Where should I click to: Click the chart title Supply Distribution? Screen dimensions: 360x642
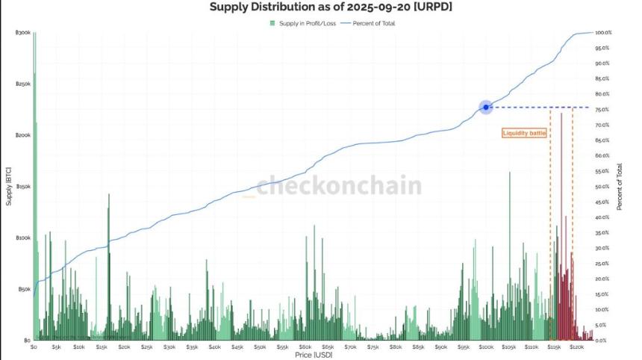(x=331, y=7)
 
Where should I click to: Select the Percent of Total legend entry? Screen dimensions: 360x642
(x=373, y=23)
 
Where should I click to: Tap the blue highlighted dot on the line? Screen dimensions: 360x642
(x=486, y=108)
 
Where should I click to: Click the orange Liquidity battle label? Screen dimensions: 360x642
(x=524, y=133)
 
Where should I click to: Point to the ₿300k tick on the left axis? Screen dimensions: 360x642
(x=22, y=33)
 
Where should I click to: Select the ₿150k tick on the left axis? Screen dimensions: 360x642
(x=22, y=187)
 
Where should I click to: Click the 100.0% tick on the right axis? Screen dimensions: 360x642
(x=603, y=33)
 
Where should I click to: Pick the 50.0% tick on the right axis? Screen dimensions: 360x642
(x=603, y=187)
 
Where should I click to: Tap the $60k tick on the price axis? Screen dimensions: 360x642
(x=305, y=347)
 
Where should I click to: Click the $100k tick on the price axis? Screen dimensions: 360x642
(x=486, y=347)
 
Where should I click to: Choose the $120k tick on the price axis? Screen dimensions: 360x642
(x=576, y=347)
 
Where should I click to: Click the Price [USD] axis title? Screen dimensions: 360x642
(x=314, y=355)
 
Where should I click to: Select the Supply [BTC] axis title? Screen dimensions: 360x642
(x=8, y=187)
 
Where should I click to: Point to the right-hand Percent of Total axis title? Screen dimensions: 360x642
(x=619, y=187)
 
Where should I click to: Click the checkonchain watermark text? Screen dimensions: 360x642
(x=339, y=186)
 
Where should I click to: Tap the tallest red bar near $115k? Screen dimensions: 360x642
(x=561, y=224)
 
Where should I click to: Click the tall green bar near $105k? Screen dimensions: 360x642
(x=510, y=254)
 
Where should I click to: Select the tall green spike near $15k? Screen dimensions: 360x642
(x=109, y=261)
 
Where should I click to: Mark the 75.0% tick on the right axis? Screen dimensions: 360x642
(x=603, y=110)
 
